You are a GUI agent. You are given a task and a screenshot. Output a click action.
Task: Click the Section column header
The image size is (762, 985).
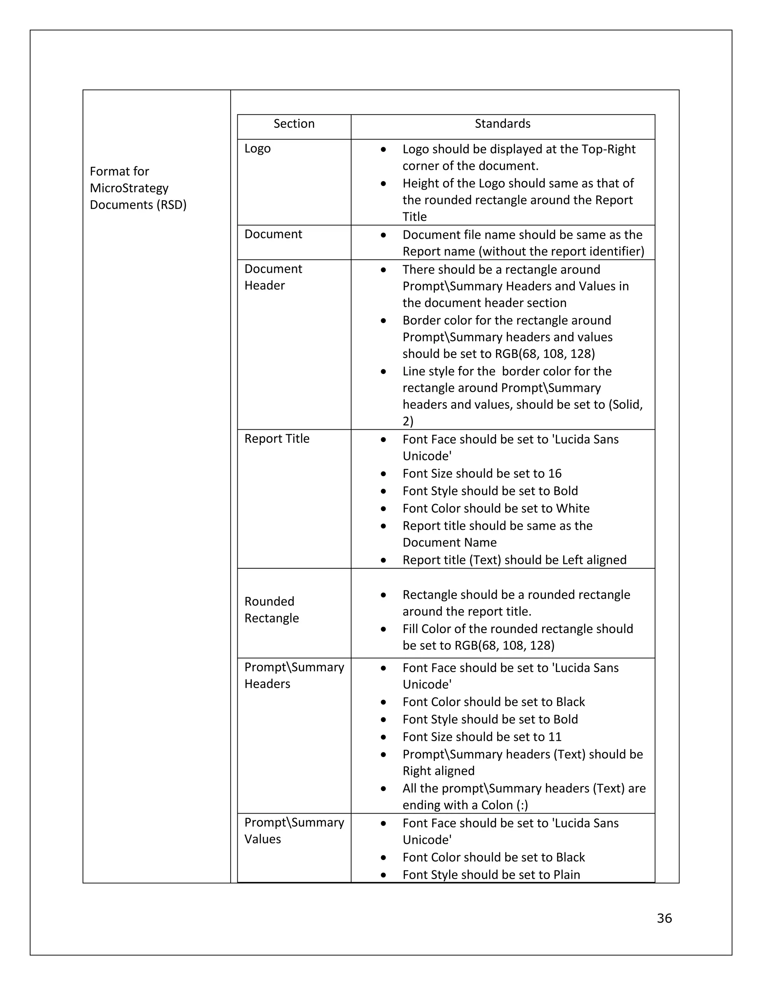pyautogui.click(x=294, y=123)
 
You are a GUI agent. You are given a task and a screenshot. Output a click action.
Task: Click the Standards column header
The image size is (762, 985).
pyautogui.click(x=502, y=123)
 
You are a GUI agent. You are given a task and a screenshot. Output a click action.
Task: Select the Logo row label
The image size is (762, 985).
pyautogui.click(x=257, y=148)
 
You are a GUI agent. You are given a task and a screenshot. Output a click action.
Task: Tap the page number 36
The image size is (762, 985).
pyautogui.click(x=664, y=918)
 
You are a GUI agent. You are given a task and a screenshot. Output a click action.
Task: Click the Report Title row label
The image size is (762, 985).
pyautogui.click(x=277, y=438)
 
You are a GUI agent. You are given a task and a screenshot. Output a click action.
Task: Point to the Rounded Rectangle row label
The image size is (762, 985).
pyautogui.click(x=271, y=609)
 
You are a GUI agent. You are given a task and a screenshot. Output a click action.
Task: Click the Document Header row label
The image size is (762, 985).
pyautogui.click(x=273, y=277)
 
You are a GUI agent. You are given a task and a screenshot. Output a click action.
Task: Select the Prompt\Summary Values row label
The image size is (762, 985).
pyautogui.click(x=294, y=830)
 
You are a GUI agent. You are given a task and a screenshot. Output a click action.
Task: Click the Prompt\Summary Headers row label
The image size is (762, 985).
pyautogui.click(x=294, y=675)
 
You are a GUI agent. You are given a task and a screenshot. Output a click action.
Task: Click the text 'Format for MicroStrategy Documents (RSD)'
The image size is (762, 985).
pyautogui.click(x=138, y=188)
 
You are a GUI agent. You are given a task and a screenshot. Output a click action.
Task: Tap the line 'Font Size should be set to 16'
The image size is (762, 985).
pyautogui.click(x=482, y=473)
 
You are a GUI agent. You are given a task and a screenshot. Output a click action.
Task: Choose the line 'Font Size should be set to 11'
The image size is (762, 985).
pyautogui.click(x=482, y=736)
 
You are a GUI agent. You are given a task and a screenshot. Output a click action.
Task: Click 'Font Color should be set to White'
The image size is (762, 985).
pyautogui.click(x=496, y=508)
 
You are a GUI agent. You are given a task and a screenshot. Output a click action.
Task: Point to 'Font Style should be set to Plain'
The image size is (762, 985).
pyautogui.click(x=491, y=875)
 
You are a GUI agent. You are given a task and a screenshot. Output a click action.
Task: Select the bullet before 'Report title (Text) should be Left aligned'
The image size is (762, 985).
pyautogui.click(x=383, y=560)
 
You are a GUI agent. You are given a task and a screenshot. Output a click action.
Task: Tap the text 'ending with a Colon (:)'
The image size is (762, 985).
pyautogui.click(x=465, y=805)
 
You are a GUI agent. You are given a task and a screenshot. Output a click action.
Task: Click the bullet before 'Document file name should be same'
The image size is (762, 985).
pyautogui.click(x=383, y=235)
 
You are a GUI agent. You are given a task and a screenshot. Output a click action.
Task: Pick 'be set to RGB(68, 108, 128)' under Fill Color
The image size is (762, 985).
pyautogui.click(x=478, y=645)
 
